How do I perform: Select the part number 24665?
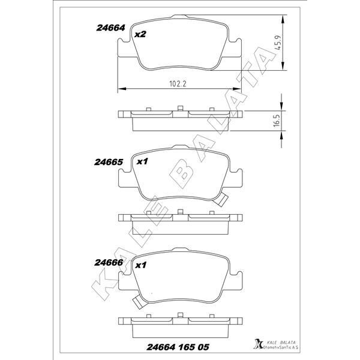pyautogui.click(x=109, y=162)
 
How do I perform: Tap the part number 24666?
pyautogui.click(x=109, y=262)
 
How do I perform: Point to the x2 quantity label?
pyautogui.click(x=140, y=35)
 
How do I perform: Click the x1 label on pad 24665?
pyautogui.click(x=142, y=162)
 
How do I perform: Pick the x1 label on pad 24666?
pyautogui.click(x=142, y=265)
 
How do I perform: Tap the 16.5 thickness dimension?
pyautogui.click(x=277, y=119)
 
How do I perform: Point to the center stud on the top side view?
pyautogui.click(x=181, y=109)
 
